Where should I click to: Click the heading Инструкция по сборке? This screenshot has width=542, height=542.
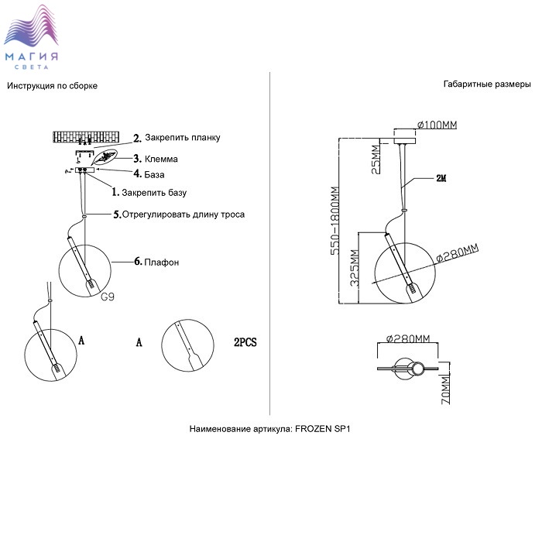pos(53,85)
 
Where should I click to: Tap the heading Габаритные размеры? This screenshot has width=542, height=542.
pos(487,84)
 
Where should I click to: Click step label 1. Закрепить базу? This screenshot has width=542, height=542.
pos(149,191)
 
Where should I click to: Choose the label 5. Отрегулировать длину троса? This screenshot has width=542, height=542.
pos(179,214)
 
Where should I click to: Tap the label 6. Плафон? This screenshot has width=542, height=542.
pos(157,262)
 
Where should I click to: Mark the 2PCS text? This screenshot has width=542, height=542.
pos(245,341)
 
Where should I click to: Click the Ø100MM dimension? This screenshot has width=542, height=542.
pos(437,125)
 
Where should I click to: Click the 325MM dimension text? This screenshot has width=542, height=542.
pos(354,268)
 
